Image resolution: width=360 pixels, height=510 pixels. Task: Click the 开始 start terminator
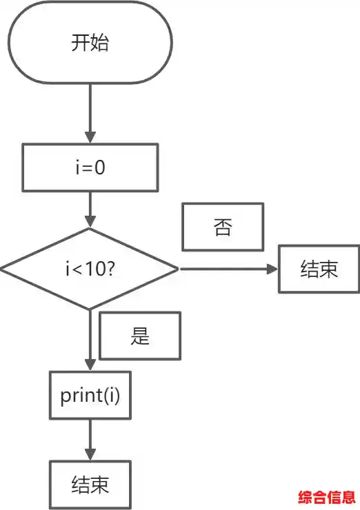90,42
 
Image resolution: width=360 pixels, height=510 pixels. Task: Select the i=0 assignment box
90,167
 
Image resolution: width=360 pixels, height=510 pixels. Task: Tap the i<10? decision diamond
90,268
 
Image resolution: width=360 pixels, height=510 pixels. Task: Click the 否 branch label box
222,227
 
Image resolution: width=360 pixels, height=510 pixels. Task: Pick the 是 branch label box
140,336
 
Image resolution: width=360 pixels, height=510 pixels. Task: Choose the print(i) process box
90,395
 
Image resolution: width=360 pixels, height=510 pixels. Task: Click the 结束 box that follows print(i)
90,485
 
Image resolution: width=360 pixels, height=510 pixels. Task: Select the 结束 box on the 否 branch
319,268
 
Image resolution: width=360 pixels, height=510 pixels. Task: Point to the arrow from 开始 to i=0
90,110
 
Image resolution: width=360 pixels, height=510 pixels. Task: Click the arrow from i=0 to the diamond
90,210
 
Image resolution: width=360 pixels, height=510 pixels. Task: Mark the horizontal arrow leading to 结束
228,268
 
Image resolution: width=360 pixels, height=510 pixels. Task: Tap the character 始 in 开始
99,43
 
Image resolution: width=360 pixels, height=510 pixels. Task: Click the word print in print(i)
77,395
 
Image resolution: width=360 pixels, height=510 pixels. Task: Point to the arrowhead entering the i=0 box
90,138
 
